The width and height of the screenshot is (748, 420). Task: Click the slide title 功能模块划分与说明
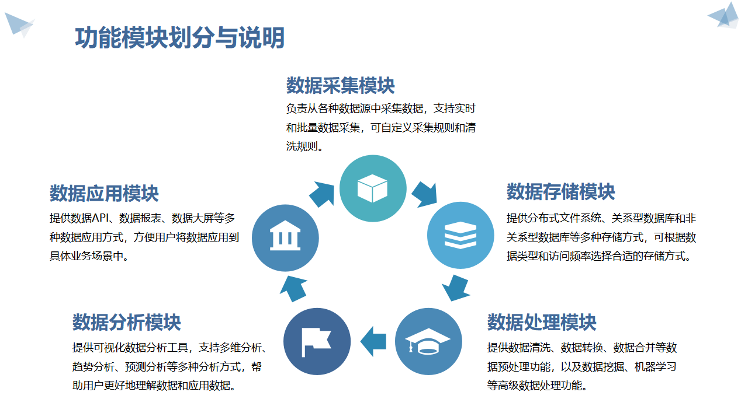pyautogui.click(x=179, y=38)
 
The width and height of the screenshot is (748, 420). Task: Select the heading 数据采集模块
pyautogui.click(x=340, y=86)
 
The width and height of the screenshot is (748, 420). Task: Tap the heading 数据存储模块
pyautogui.click(x=560, y=191)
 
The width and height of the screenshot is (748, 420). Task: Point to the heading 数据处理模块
pyautogui.click(x=542, y=322)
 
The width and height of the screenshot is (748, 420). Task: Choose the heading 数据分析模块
pyautogui.click(x=126, y=322)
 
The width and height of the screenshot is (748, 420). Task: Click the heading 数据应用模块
pyautogui.click(x=104, y=193)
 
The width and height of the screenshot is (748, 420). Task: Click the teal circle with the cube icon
pyautogui.click(x=373, y=188)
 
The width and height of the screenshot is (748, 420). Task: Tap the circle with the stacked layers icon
pyautogui.click(x=460, y=235)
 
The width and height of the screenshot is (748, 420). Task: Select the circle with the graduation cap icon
pyautogui.click(x=428, y=341)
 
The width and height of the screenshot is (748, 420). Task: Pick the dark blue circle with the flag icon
pyautogui.click(x=317, y=341)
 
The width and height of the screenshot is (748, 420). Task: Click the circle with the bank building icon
pyautogui.click(x=285, y=237)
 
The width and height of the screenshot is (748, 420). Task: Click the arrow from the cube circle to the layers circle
pyautogui.click(x=424, y=194)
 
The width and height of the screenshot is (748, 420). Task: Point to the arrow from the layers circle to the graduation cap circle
pyautogui.click(x=456, y=286)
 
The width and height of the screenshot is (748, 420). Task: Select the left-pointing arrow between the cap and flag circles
pyautogui.click(x=373, y=341)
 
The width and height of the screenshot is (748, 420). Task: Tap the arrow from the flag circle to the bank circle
pyautogui.click(x=294, y=288)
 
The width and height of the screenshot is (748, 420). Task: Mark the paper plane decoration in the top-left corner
pyautogui.click(x=19, y=24)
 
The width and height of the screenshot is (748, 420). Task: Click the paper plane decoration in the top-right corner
pyautogui.click(x=725, y=16)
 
